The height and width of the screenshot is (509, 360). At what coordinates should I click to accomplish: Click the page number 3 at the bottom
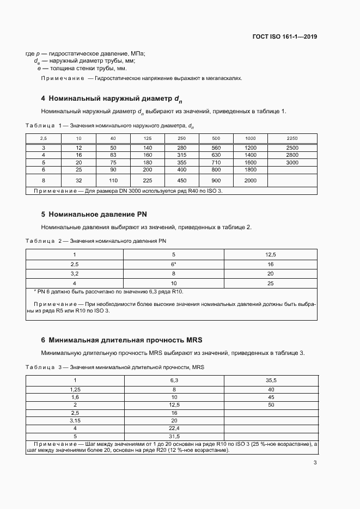315,463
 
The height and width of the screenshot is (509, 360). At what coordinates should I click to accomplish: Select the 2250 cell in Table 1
292,139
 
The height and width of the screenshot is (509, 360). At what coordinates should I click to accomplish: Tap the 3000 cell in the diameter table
292,162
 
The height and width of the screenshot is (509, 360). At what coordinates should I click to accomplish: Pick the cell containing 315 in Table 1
182,155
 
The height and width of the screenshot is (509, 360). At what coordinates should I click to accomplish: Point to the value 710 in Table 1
216,162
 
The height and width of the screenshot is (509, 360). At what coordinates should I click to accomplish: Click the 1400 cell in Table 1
251,155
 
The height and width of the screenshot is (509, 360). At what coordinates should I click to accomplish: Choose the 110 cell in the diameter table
113,180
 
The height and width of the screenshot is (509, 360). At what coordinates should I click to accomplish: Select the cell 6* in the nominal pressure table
173,263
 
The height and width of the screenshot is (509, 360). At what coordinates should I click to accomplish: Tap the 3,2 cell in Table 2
75,273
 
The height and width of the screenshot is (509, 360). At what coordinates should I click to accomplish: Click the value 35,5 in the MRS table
270,380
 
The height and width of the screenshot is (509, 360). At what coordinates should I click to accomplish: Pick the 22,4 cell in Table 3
174,428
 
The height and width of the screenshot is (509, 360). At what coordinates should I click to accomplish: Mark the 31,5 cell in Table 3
174,436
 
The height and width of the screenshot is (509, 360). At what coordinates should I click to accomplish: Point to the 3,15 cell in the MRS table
75,420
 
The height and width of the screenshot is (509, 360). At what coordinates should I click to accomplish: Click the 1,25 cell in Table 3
75,389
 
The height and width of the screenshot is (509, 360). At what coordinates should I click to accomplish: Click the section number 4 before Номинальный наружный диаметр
43,99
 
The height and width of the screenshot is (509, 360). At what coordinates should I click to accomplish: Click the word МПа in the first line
137,53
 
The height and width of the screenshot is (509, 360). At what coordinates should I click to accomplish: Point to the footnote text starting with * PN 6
109,292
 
